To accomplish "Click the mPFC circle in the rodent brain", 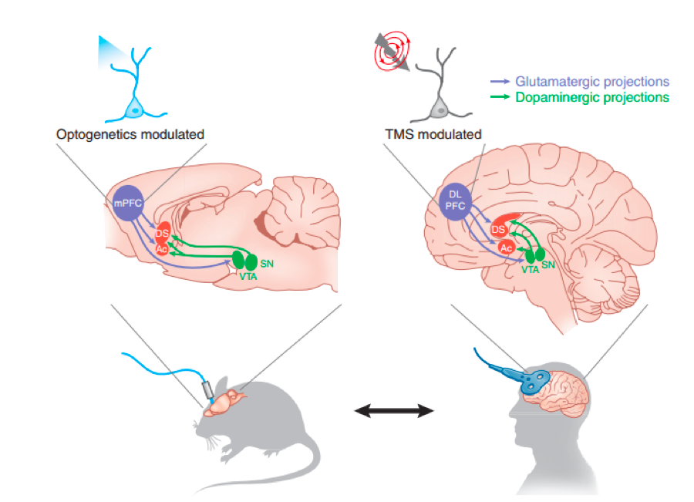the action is point(128,204).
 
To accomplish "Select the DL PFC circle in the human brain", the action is point(455,201).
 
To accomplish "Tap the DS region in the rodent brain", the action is point(163,233).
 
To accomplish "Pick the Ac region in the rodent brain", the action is point(162,249).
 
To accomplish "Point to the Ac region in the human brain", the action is point(506,248).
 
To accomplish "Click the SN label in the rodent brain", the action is point(267,264).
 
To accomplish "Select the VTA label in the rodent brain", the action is point(248,277).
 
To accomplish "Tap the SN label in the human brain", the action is point(548,264).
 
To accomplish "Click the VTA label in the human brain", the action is point(530,270).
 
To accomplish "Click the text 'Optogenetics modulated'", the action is point(130,134).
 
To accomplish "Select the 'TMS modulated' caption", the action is point(433,134).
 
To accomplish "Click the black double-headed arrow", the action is point(394,411).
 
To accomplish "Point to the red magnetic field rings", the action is point(392,51).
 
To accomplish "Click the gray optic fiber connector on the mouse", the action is point(208,389).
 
